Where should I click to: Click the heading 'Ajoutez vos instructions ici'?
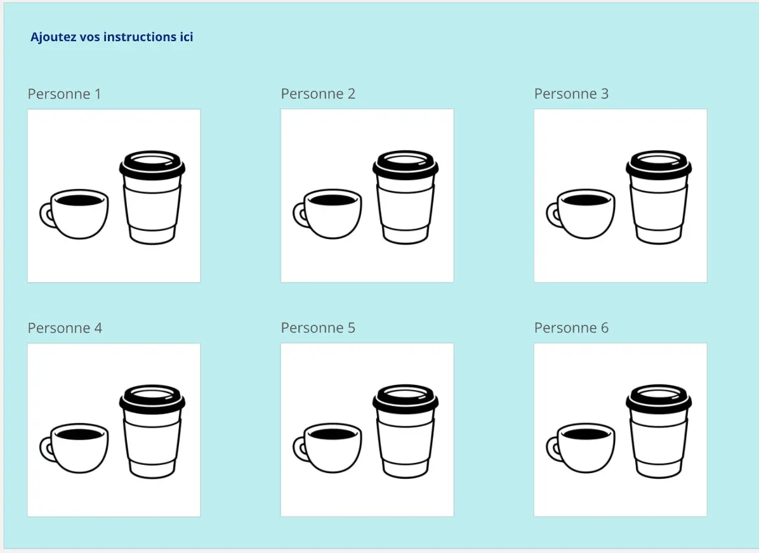coord(112,37)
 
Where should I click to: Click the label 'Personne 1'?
coord(64,94)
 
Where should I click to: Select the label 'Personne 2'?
coord(318,94)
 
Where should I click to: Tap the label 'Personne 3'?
coord(571,94)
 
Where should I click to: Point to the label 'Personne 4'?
coord(65,328)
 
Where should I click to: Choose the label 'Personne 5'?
coord(318,328)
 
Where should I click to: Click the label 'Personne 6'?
coord(571,328)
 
